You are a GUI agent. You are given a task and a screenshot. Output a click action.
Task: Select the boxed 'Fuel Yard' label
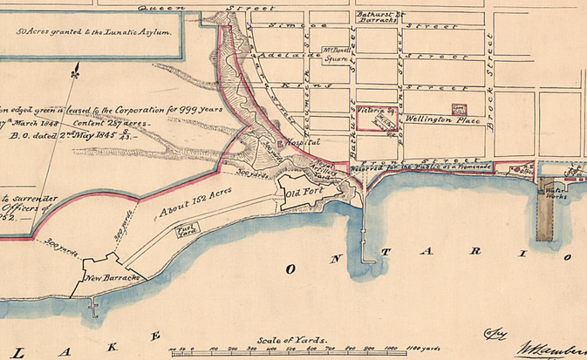186,231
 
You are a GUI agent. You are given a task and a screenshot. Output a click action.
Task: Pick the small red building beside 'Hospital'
280,141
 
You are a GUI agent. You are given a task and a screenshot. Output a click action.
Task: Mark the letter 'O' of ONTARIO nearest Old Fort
290,269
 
